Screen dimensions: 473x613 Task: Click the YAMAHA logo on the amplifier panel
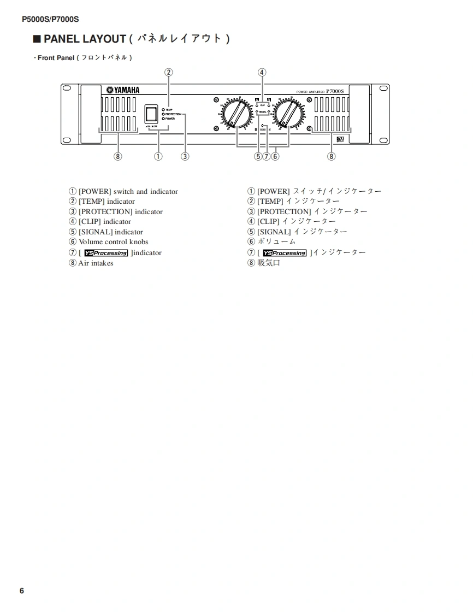(x=123, y=90)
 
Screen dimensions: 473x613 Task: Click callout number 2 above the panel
(x=169, y=72)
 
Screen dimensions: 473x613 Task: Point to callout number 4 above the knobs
(x=262, y=72)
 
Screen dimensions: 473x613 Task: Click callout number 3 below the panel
(x=185, y=157)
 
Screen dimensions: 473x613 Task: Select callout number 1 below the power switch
(x=158, y=157)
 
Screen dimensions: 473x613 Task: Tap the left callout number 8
(x=117, y=157)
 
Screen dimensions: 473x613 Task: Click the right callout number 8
(x=331, y=157)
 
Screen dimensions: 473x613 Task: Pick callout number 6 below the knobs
(x=275, y=157)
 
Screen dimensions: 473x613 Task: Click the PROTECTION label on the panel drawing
(x=173, y=114)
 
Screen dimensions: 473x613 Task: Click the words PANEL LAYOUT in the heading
(x=85, y=39)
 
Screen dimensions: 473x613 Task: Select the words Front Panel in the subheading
(x=56, y=57)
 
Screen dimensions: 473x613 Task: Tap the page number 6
(x=22, y=591)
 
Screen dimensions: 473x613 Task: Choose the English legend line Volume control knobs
(x=113, y=241)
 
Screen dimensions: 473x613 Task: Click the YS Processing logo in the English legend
(x=106, y=253)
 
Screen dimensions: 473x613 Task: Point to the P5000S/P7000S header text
(x=50, y=19)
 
